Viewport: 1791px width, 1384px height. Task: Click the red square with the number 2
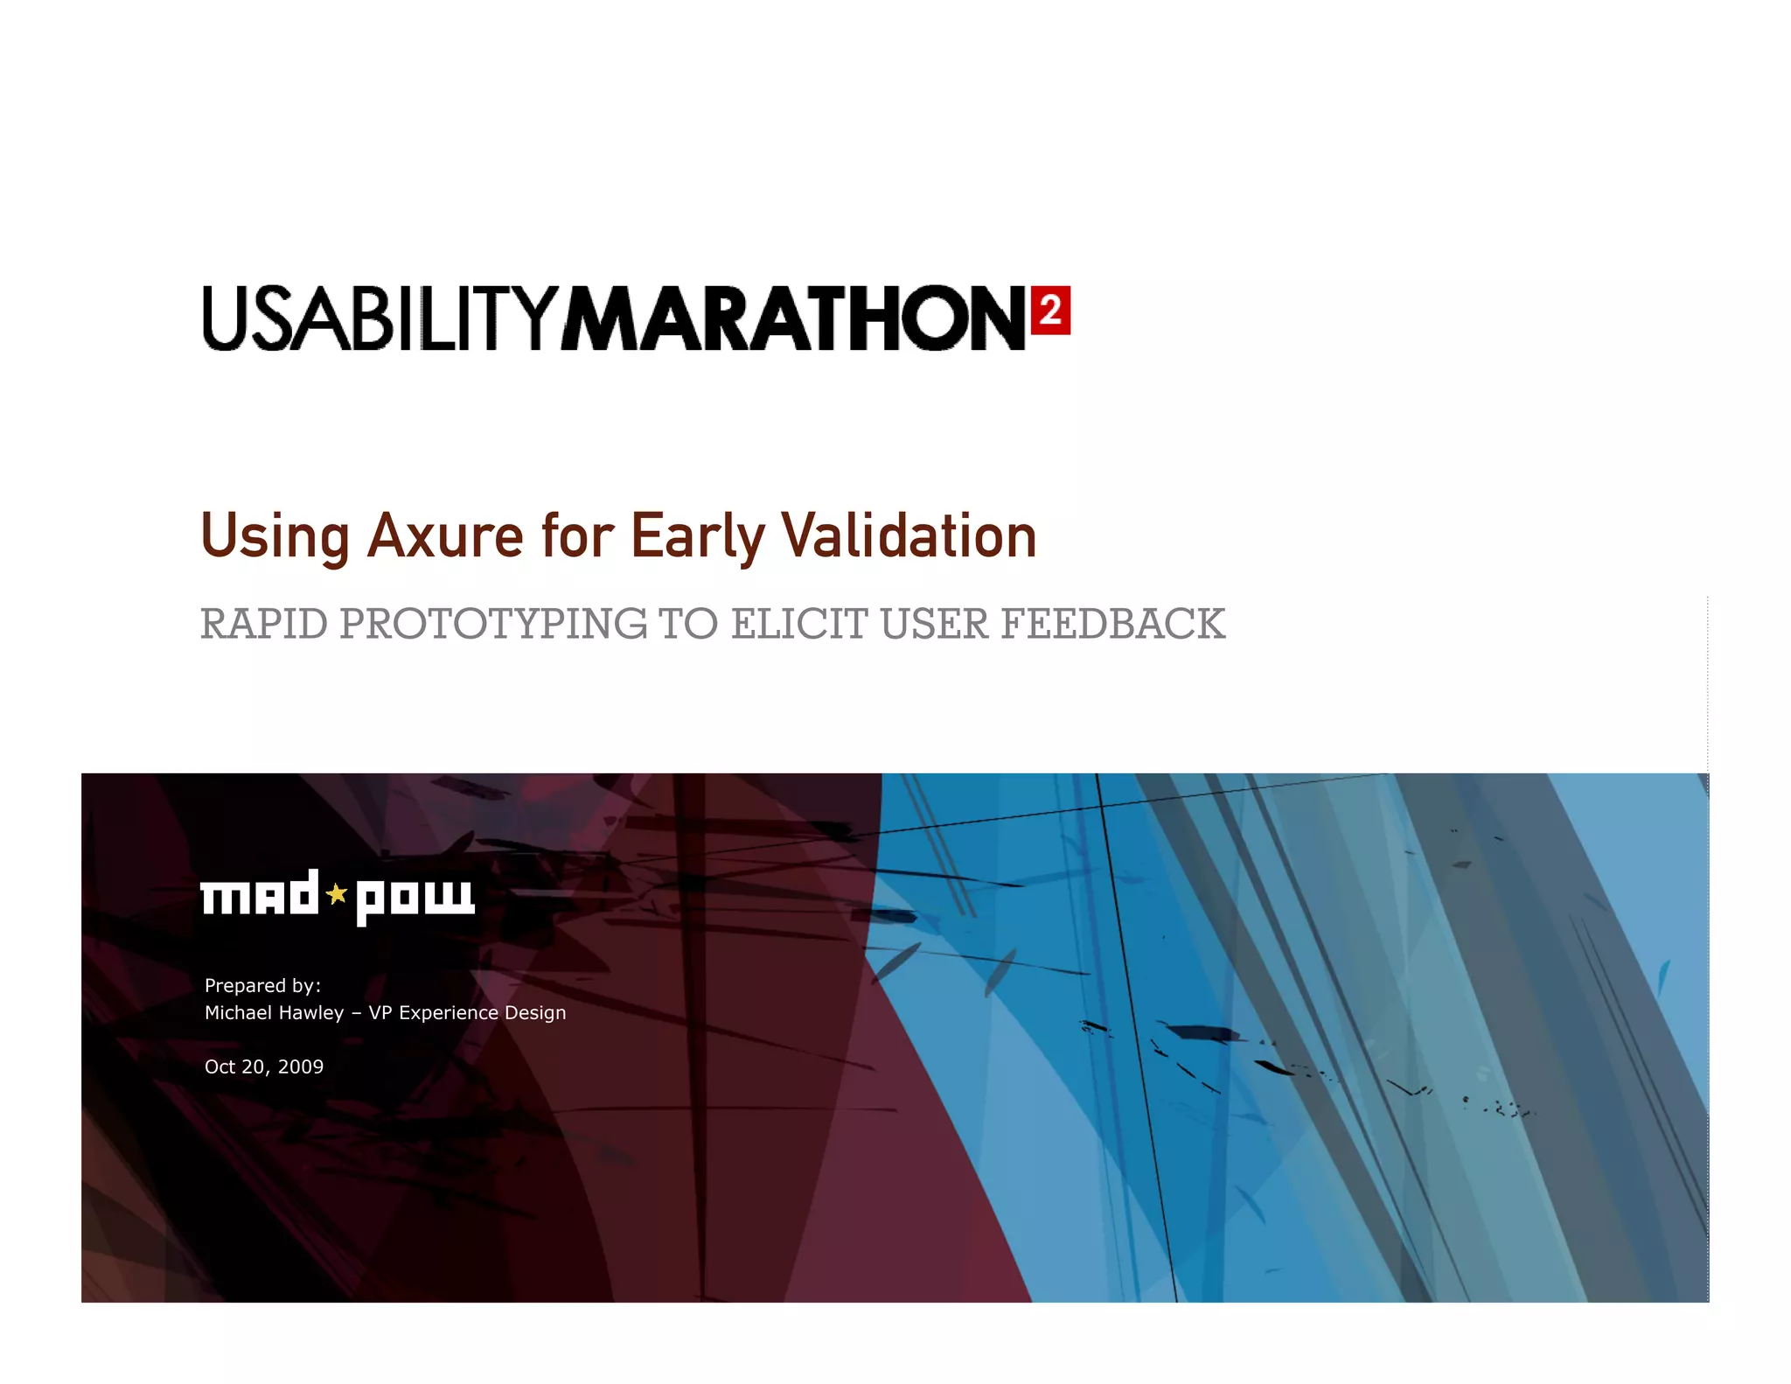pos(1050,311)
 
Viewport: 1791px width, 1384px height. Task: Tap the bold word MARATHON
pos(793,318)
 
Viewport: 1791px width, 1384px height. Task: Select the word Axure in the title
pos(445,535)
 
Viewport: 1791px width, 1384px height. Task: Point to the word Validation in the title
pos(909,535)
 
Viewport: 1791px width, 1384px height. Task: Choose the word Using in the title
pos(275,535)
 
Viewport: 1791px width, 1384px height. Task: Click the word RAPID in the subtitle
pos(264,625)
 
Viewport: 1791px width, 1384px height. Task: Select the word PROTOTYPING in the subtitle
pos(493,625)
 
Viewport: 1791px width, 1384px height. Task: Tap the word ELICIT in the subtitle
pos(799,625)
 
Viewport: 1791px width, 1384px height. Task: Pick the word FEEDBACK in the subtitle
pos(1112,625)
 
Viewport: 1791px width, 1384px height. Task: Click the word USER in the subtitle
pos(934,625)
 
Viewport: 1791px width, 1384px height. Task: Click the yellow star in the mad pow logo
pos(337,894)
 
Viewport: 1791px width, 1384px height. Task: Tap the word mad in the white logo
pos(260,894)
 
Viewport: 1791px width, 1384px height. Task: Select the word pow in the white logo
pos(415,898)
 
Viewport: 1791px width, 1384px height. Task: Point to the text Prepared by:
pos(262,986)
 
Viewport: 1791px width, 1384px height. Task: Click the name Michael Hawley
pos(274,1013)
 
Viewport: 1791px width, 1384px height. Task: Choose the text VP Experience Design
pos(467,1013)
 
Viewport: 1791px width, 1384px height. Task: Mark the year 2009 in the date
pos(300,1067)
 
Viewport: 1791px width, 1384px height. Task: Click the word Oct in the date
pos(220,1067)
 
